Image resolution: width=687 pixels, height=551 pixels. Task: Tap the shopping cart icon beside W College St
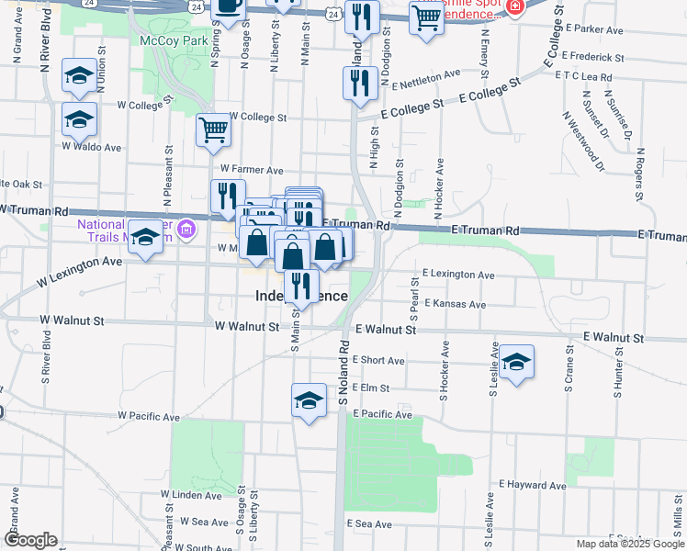tap(213, 130)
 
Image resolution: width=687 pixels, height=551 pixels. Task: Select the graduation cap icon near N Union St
tap(80, 76)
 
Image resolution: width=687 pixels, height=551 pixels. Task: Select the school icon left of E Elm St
tap(309, 400)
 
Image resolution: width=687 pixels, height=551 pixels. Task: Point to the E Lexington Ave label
tap(458, 275)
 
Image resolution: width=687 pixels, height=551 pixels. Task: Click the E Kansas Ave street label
tap(454, 304)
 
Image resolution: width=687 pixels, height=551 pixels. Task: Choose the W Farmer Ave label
tap(252, 170)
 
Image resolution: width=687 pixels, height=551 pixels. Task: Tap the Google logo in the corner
tap(30, 540)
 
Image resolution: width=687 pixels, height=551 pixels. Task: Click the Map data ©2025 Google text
tap(630, 544)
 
